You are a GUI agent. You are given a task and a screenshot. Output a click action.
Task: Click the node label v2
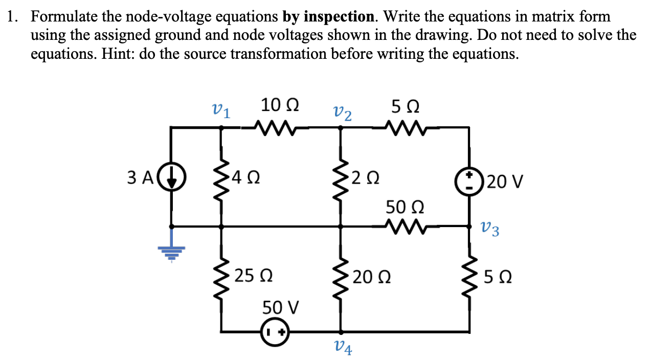click(342, 112)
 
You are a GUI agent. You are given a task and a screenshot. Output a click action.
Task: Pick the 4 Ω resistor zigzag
click(221, 178)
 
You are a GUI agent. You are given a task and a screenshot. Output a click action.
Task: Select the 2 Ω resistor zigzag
click(340, 178)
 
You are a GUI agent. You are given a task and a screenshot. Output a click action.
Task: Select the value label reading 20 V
click(503, 181)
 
